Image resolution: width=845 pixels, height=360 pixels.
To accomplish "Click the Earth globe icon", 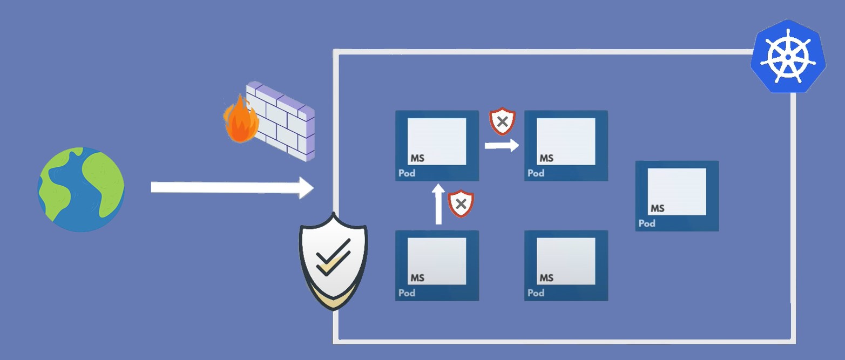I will pos(81,189).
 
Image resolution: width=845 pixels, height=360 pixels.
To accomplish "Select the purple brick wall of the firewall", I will pos(283,121).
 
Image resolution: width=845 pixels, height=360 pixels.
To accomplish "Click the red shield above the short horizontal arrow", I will pos(502,122).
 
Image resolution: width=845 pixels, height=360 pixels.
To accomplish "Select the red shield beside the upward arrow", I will pos(461,203).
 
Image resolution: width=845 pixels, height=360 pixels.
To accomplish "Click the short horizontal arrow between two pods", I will pos(502,145).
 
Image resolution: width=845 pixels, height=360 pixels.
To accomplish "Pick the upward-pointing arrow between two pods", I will pos(438,205).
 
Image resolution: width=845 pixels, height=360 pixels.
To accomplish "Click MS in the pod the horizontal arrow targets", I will pos(546,158).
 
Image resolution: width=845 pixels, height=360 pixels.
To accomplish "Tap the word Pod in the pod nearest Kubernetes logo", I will pos(647,223).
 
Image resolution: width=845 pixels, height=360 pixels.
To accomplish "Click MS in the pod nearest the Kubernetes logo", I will pos(657,208).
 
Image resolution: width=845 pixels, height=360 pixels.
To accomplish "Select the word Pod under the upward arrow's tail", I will pos(407,293).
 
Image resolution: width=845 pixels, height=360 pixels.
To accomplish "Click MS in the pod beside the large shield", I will pos(417,278).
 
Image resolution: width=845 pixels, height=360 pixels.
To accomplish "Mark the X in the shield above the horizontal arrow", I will pos(502,121).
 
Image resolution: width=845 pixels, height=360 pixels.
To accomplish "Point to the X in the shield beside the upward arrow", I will pos(461,203).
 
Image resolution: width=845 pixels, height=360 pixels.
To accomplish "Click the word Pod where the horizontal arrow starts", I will pos(407,173).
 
